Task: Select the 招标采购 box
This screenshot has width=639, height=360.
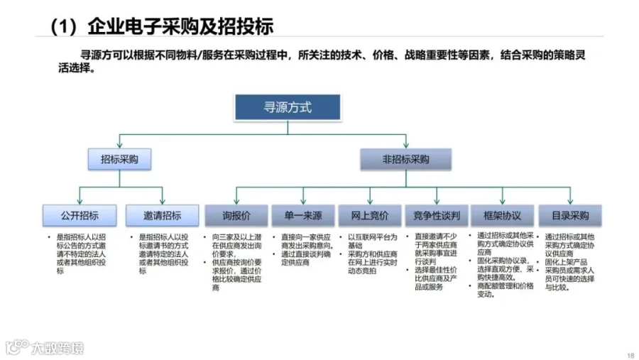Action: tap(119, 159)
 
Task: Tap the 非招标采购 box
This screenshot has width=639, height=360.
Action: tap(405, 159)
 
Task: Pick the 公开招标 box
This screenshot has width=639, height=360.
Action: tap(80, 215)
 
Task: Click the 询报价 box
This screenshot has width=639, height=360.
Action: tap(236, 215)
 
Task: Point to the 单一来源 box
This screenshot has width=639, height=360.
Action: tap(303, 215)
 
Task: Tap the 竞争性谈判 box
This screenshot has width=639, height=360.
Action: tap(436, 215)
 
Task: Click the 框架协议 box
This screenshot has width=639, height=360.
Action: tap(503, 215)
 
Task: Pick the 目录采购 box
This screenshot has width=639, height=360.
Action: tap(569, 215)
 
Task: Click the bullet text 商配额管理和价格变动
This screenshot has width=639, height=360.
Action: tap(505, 290)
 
